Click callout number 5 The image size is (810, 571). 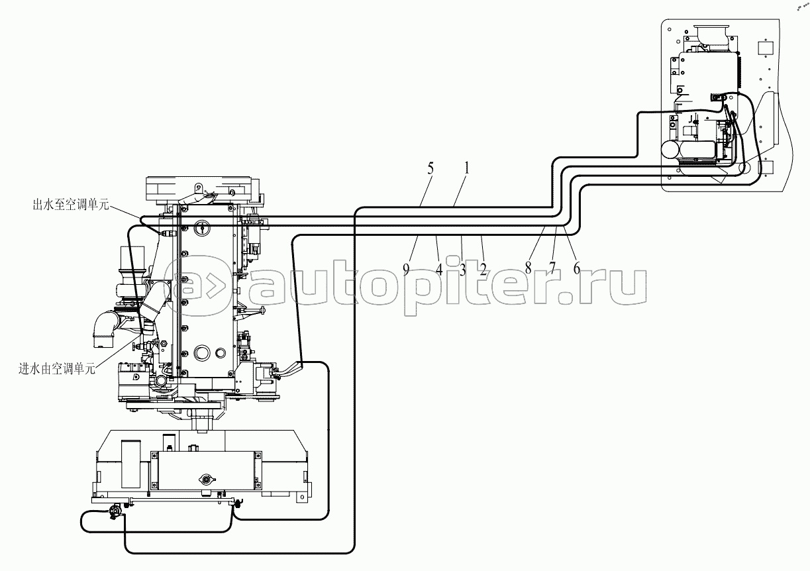[x=430, y=168]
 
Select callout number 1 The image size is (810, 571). [x=466, y=168]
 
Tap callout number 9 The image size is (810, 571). [x=407, y=270]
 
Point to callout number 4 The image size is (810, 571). [x=439, y=270]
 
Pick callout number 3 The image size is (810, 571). [x=462, y=270]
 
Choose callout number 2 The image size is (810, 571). [x=483, y=270]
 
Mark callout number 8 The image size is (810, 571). [x=529, y=268]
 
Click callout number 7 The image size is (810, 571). [x=552, y=268]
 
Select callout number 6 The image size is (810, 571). [x=577, y=268]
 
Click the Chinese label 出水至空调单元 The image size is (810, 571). [x=71, y=205]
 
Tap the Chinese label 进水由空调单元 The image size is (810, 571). [x=57, y=369]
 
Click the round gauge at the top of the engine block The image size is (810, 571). [x=202, y=228]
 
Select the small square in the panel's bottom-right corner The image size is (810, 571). [x=766, y=168]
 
